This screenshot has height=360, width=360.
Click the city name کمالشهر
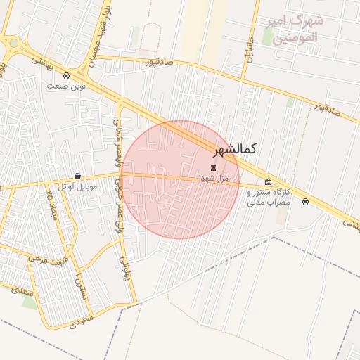[x=234, y=149]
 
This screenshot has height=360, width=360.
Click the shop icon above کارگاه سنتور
[x=268, y=181]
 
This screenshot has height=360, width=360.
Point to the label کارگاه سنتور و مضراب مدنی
[x=268, y=197]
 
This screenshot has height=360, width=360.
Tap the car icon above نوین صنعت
[x=66, y=75]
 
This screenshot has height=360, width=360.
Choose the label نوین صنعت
[x=65, y=86]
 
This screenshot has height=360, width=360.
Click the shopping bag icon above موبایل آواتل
[x=77, y=176]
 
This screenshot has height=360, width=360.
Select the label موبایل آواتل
[x=77, y=186]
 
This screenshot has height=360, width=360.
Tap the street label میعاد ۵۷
[x=49, y=203]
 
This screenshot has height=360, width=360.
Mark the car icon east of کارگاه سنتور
[x=304, y=202]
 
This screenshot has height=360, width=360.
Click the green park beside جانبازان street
[x=268, y=37]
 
